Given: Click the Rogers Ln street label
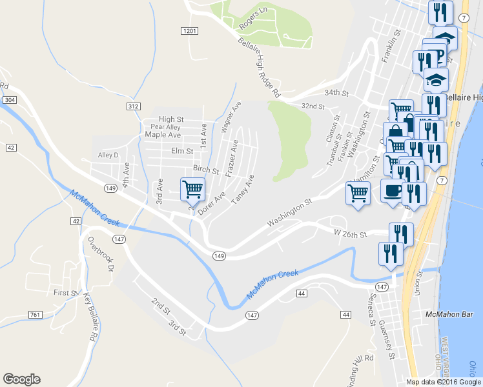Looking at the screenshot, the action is point(253,20).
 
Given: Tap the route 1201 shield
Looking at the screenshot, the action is point(189,31).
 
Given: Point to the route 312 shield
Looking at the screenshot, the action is point(134,105).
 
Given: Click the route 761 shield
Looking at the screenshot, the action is point(36,314).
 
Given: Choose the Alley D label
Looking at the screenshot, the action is point(108,155).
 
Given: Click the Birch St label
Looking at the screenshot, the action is point(206,169).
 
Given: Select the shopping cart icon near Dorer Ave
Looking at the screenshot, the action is point(192,190).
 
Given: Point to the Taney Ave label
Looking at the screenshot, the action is point(243,189).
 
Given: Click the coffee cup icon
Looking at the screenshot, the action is point(392,190).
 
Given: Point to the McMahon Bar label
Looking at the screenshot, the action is point(446,314).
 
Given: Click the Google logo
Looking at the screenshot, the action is point(21,379).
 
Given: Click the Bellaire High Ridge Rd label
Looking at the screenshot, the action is point(258,67).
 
